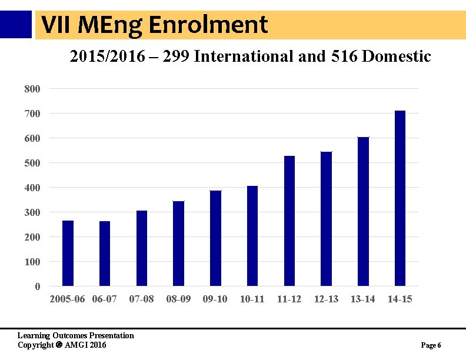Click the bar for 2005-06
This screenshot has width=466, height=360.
click(68, 254)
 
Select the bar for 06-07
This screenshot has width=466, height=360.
click(105, 254)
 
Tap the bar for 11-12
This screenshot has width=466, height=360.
click(289, 221)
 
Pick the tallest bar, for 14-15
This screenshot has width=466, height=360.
click(400, 198)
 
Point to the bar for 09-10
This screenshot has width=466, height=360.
click(215, 238)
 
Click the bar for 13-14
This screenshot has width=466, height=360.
click(363, 212)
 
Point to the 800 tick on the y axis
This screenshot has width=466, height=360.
click(32, 89)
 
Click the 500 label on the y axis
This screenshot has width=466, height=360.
click(32, 163)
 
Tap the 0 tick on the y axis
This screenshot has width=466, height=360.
click(38, 286)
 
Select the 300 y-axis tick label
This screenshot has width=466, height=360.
click(32, 212)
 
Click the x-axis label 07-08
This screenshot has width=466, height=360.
click(141, 299)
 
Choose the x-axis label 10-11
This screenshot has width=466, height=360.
click(252, 299)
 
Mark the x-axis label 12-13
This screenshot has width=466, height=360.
click(326, 299)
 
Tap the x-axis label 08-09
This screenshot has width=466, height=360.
click(178, 299)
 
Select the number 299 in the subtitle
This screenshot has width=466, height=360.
click(177, 56)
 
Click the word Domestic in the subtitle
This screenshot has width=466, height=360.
click(397, 56)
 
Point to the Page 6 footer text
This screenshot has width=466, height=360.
click(431, 345)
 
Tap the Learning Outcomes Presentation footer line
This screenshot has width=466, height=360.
click(76, 335)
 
